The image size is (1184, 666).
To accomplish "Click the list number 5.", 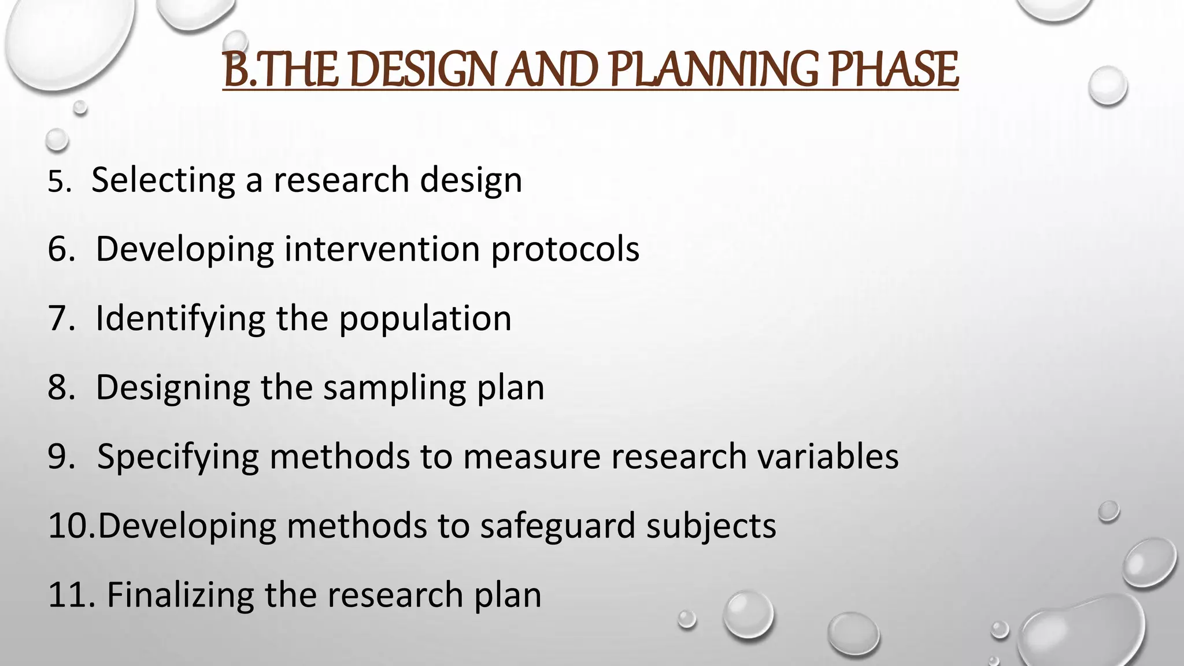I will pos(57,182).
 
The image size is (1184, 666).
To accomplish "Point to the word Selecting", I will pos(163,180).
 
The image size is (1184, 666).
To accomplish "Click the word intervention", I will pos(382,249).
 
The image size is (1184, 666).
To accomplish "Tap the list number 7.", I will pos(60,319).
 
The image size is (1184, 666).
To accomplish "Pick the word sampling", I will pos(394,388).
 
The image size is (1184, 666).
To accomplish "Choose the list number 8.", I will pos(60,387).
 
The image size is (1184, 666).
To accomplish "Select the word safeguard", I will pos(557,527).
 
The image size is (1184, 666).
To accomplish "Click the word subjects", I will pos(711,527).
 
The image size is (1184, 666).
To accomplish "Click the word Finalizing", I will pos(180,595).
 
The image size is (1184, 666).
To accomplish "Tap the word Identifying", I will pos(180,319).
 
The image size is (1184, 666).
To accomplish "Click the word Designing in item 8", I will pos(172,388).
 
